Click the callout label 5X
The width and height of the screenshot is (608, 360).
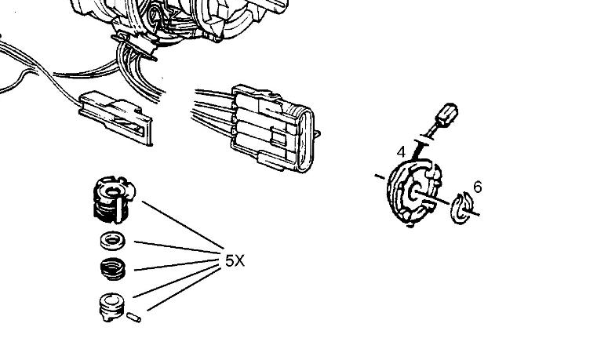[235, 261]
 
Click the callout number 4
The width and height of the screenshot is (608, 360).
[401, 152]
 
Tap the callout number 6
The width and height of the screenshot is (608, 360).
[477, 187]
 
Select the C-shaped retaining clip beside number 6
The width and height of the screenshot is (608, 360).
[461, 208]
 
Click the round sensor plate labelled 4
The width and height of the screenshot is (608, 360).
[413, 192]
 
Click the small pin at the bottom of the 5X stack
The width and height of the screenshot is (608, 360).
[133, 318]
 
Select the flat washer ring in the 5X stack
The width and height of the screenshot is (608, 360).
[112, 240]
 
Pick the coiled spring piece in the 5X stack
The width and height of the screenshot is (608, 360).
[112, 268]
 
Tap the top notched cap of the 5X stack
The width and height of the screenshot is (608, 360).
[114, 199]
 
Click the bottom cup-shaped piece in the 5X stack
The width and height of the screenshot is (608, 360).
[111, 307]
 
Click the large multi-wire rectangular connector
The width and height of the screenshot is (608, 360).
[271, 128]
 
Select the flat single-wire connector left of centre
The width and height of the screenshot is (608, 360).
[115, 118]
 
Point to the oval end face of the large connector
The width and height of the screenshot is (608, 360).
[305, 140]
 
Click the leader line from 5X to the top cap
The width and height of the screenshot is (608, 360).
[183, 225]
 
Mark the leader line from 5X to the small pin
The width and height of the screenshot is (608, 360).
[184, 289]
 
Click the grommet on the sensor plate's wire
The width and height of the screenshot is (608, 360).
[424, 139]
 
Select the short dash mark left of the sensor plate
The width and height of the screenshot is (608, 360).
[380, 176]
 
